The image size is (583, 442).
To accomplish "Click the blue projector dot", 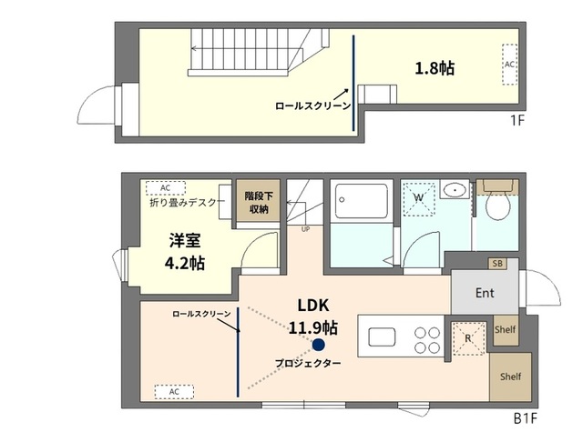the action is tap(318, 345).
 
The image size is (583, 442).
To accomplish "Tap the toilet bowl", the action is tap(498, 206).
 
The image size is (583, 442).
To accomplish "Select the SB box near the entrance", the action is tap(497, 264).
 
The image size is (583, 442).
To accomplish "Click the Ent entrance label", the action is tap(485, 293).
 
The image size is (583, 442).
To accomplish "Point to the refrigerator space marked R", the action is tap(468, 338).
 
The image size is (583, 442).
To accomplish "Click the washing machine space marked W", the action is tap(419, 198).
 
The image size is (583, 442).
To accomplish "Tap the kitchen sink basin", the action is tap(382, 337).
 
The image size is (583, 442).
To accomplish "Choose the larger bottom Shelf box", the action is tap(510, 377).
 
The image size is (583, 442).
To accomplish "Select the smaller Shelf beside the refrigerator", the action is tap(506, 329).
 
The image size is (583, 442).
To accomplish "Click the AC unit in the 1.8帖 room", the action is tap(509, 65).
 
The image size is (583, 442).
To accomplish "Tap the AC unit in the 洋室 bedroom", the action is tap(166, 188).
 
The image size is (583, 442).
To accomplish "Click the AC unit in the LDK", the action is tap(174, 392).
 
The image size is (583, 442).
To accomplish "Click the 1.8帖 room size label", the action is tap(435, 68).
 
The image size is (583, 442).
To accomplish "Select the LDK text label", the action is tap(313, 305).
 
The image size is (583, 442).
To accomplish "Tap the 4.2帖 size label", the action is tap(185, 263).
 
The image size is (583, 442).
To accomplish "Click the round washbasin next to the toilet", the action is tap(455, 190).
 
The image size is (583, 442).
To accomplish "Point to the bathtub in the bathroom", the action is tap(362, 201).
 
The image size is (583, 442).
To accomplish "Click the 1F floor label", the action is tap(517, 120).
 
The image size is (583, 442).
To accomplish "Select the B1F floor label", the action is tap(526, 418).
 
